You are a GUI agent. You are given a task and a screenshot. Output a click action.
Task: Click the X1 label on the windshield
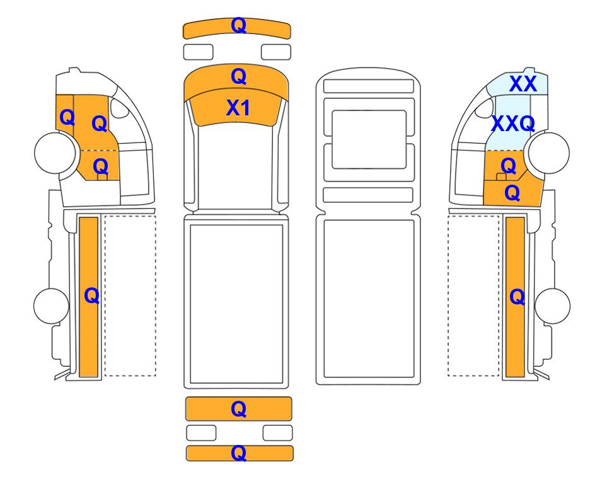point(238,108)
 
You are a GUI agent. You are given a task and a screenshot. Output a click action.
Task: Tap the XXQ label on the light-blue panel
point(513,124)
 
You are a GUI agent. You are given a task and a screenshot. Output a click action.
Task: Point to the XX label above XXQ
point(523,84)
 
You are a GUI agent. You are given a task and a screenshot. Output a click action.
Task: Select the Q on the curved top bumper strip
point(238,26)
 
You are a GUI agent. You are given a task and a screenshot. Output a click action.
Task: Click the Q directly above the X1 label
point(238,77)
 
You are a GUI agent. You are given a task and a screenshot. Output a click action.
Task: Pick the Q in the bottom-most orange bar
point(238,452)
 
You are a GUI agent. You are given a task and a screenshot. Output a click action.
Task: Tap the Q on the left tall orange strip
point(92,296)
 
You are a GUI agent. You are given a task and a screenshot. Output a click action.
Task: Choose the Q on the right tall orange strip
point(517,297)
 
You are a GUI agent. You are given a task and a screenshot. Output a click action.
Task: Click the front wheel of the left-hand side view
point(55,153)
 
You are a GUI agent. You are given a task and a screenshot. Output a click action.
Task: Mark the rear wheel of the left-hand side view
point(52,306)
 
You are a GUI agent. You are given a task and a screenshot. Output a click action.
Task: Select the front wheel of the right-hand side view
point(549,153)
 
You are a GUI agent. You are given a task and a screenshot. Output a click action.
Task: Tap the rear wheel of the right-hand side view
point(552,306)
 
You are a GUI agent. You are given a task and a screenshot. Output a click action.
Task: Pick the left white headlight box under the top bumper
point(198,52)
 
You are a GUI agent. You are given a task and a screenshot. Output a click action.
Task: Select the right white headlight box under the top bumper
point(276,52)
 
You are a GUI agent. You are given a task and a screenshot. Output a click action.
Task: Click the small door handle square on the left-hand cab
point(102,177)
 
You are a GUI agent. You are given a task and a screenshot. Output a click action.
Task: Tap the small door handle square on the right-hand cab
point(501,177)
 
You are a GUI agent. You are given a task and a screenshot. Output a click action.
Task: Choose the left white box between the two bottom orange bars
point(201,433)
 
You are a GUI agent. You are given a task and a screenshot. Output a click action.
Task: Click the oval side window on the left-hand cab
point(119,108)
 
